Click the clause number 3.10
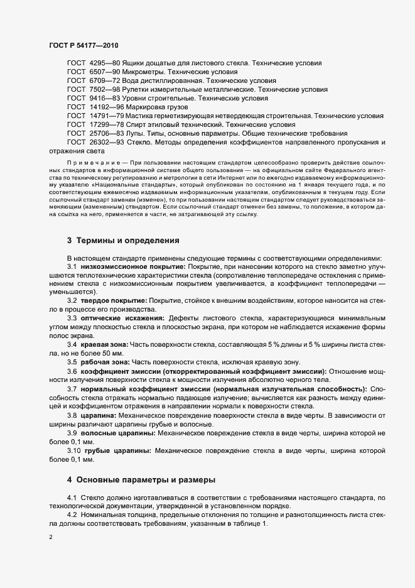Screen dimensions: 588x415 (74, 450)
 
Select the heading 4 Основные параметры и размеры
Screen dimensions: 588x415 (141, 480)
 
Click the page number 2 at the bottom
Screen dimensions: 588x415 (50, 538)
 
